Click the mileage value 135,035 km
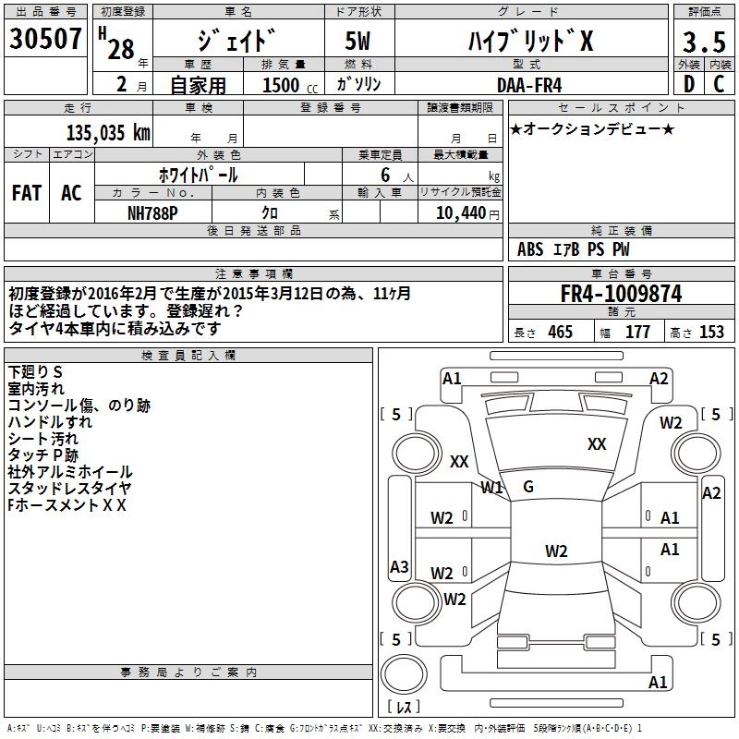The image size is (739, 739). (108, 133)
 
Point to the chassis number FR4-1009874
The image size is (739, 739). (621, 294)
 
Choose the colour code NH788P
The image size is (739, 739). (153, 212)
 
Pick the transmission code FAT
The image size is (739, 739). (26, 192)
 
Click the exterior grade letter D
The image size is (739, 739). (688, 84)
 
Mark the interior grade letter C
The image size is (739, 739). (720, 84)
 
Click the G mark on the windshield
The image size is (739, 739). (528, 487)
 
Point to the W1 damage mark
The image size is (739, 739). (491, 487)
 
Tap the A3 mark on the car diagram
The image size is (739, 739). (399, 567)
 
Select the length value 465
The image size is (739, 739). (560, 333)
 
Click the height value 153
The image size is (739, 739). (711, 333)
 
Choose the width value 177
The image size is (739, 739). (637, 333)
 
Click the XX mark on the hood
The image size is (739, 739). (597, 444)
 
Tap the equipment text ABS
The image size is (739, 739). (530, 249)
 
